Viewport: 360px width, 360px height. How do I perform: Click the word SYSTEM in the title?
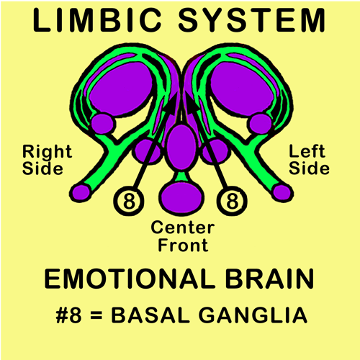tap(251, 20)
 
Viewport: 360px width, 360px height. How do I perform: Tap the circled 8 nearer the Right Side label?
tap(129, 201)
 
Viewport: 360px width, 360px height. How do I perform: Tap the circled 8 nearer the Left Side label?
tap(232, 201)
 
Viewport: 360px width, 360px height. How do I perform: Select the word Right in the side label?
tap(47, 152)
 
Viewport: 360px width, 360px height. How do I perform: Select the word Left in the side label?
tap(307, 151)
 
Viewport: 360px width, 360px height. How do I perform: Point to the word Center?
tap(183, 228)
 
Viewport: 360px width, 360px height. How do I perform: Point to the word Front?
tap(183, 245)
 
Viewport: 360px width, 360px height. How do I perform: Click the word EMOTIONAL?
tap(130, 279)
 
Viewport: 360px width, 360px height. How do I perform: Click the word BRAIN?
tap(270, 279)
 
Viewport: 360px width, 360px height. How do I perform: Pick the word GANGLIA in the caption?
tap(253, 315)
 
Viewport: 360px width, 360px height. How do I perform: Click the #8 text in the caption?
tap(68, 315)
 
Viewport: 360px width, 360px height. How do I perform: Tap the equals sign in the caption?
tap(96, 315)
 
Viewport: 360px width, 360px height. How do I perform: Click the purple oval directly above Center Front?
tap(181, 197)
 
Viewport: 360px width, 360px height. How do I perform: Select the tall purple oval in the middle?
tap(181, 147)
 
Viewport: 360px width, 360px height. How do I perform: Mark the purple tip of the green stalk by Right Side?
tap(80, 192)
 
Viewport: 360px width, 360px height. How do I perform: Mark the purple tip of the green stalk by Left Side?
tap(282, 192)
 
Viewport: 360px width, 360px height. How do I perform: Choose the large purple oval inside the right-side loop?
tap(121, 88)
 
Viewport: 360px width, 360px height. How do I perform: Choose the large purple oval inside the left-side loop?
tap(242, 89)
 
